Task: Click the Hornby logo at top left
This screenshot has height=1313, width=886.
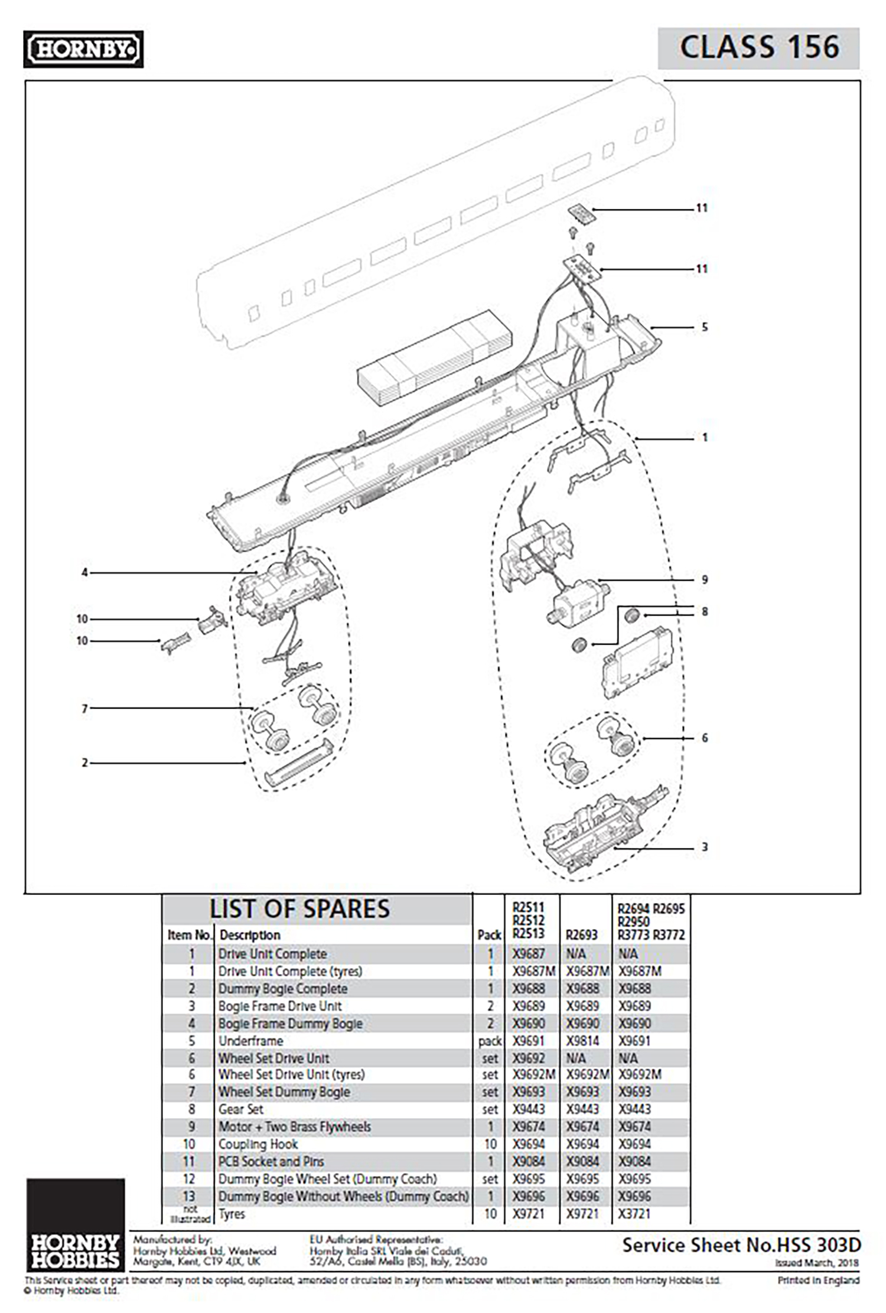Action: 83,50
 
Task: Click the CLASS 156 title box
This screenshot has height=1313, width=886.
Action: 758,48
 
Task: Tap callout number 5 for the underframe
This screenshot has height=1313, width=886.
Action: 704,327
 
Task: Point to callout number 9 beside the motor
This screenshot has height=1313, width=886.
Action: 704,580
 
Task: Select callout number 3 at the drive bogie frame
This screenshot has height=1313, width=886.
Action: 704,847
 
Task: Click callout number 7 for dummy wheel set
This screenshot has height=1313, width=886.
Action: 84,708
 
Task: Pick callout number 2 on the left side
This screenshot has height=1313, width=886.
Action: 84,763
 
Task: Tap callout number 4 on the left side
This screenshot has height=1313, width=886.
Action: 84,572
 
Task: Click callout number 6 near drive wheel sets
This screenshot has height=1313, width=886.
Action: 704,738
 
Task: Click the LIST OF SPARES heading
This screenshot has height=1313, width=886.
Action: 299,909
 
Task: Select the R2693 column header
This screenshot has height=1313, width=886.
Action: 581,935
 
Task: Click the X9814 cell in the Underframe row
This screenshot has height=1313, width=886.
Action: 582,1041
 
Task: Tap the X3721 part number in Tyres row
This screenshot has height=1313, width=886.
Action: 634,1214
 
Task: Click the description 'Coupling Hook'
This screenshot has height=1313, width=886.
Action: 258,1144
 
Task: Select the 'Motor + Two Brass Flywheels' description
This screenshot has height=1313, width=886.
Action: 294,1126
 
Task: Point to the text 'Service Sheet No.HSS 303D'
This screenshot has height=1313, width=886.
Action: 741,1246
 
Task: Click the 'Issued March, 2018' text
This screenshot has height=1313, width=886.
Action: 817,1263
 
